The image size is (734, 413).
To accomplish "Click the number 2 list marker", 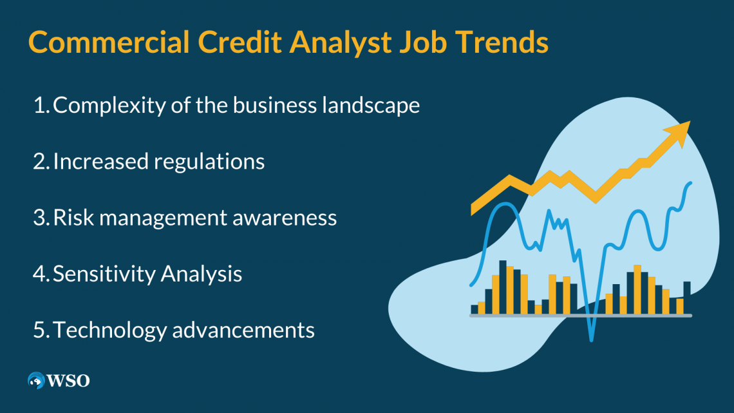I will click(x=40, y=161).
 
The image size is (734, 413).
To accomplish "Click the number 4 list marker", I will click(x=40, y=274).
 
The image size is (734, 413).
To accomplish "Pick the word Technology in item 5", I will click(x=110, y=331).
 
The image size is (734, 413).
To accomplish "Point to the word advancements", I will click(x=244, y=331).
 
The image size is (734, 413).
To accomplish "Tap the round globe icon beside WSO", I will click(x=36, y=381).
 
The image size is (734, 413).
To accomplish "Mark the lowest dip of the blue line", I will click(x=591, y=338).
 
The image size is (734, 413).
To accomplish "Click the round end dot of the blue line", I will click(x=690, y=184).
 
